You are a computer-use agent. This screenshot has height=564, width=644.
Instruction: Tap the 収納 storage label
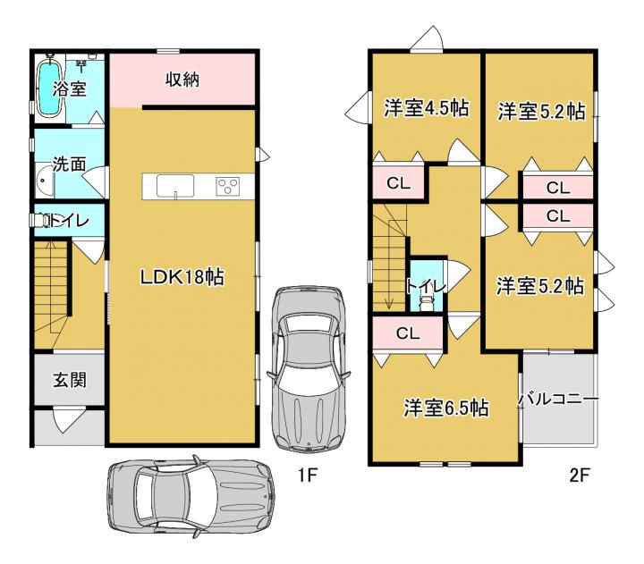(182, 80)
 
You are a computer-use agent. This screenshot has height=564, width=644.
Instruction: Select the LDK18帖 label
(182, 277)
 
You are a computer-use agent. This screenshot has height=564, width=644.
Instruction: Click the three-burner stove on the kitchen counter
(228, 186)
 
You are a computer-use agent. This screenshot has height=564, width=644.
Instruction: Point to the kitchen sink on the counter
(175, 186)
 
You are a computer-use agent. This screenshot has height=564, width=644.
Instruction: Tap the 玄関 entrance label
(70, 379)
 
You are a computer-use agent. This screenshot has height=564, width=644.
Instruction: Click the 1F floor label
(308, 476)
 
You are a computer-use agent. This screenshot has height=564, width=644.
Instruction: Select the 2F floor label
(580, 476)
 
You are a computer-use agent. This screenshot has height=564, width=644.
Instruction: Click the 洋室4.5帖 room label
(427, 108)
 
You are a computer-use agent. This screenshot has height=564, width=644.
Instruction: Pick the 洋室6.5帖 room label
(446, 408)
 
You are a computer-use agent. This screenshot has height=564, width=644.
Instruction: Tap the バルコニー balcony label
(558, 399)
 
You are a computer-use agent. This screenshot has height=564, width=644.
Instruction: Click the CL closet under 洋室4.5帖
(398, 183)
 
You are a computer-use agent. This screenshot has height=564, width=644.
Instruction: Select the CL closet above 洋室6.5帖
(408, 333)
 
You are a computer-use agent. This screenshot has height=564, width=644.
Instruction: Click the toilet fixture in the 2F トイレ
(427, 304)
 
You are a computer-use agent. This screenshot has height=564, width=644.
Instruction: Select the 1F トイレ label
(69, 221)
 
